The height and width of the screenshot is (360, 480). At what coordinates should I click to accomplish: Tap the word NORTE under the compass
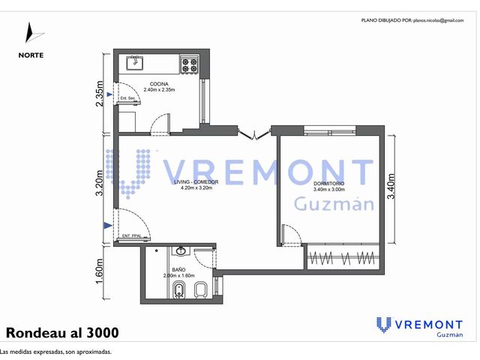[x=31, y=55]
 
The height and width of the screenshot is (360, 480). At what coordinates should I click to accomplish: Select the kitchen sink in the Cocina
[x=135, y=63]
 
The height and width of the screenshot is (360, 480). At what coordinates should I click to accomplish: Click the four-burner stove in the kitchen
[x=190, y=64]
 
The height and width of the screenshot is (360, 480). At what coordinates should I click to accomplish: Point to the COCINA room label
[x=159, y=84]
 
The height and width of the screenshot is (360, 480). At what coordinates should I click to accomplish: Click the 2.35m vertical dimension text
[x=100, y=94]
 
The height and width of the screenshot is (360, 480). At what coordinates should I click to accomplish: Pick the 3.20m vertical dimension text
[x=100, y=183]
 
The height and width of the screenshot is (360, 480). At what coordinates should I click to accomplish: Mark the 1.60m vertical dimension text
[x=100, y=271]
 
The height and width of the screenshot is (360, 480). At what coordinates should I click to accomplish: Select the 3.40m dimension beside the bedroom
[x=391, y=186]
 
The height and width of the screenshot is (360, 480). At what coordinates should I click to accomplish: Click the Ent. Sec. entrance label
[x=128, y=98]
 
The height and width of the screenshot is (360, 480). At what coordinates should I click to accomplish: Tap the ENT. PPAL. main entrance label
[x=132, y=236]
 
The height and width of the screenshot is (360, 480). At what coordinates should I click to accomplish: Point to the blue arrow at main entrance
[x=108, y=226]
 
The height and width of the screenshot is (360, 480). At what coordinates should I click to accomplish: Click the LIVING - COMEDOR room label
[x=196, y=181]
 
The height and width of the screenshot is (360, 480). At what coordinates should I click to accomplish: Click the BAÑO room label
[x=178, y=270]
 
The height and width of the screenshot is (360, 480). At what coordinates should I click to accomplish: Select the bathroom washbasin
[x=181, y=251]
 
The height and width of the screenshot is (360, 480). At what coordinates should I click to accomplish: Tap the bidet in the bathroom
[x=178, y=289]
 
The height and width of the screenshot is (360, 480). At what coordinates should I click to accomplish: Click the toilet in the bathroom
[x=200, y=289]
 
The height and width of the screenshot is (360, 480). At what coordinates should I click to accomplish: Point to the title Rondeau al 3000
[x=62, y=332]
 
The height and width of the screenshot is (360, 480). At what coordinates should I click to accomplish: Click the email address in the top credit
[x=438, y=20]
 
